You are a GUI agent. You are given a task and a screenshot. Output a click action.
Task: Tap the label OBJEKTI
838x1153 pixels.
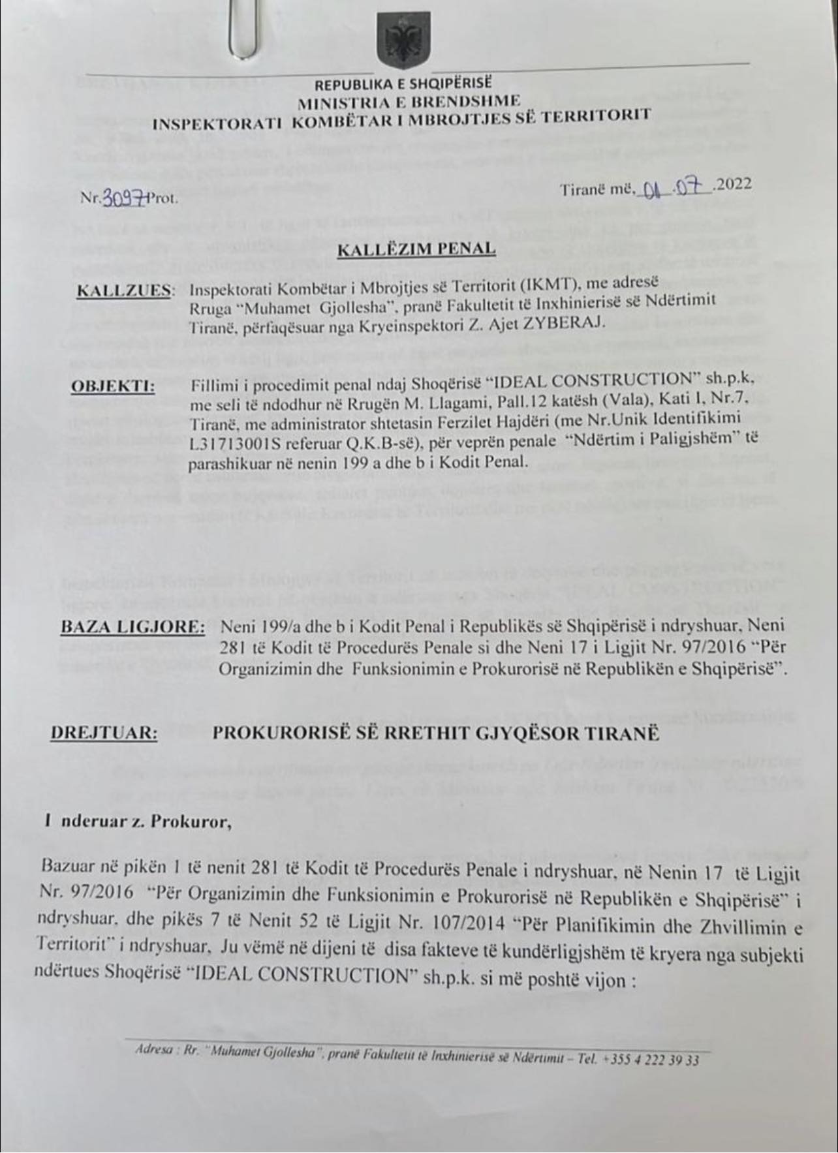[x=112, y=386]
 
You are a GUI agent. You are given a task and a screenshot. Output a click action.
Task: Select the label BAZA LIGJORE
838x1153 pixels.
[x=132, y=627]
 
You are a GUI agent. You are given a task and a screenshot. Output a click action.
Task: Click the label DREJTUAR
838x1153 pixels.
[x=104, y=733]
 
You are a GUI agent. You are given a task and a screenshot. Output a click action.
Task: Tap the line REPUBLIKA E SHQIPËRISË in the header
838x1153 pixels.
[x=403, y=85]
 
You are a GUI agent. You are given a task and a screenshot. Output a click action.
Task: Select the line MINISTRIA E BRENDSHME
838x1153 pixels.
[x=410, y=101]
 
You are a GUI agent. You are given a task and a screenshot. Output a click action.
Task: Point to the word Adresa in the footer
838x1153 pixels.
[x=151, y=1051]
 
